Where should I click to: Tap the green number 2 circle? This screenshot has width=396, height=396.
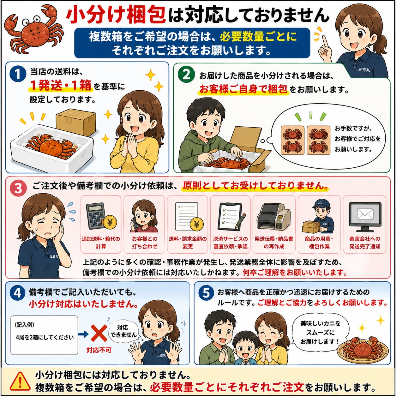(186, 74)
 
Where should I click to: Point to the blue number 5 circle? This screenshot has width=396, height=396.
(206, 293)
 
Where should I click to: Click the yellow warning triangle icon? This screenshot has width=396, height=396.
(20, 381)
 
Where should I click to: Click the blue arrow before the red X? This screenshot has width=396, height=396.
(83, 334)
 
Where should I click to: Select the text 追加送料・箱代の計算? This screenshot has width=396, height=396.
(101, 243)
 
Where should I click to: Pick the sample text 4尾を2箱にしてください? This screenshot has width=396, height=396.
(45, 337)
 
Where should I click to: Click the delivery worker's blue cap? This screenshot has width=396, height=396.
(319, 204)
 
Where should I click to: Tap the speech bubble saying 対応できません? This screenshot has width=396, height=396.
(124, 331)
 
